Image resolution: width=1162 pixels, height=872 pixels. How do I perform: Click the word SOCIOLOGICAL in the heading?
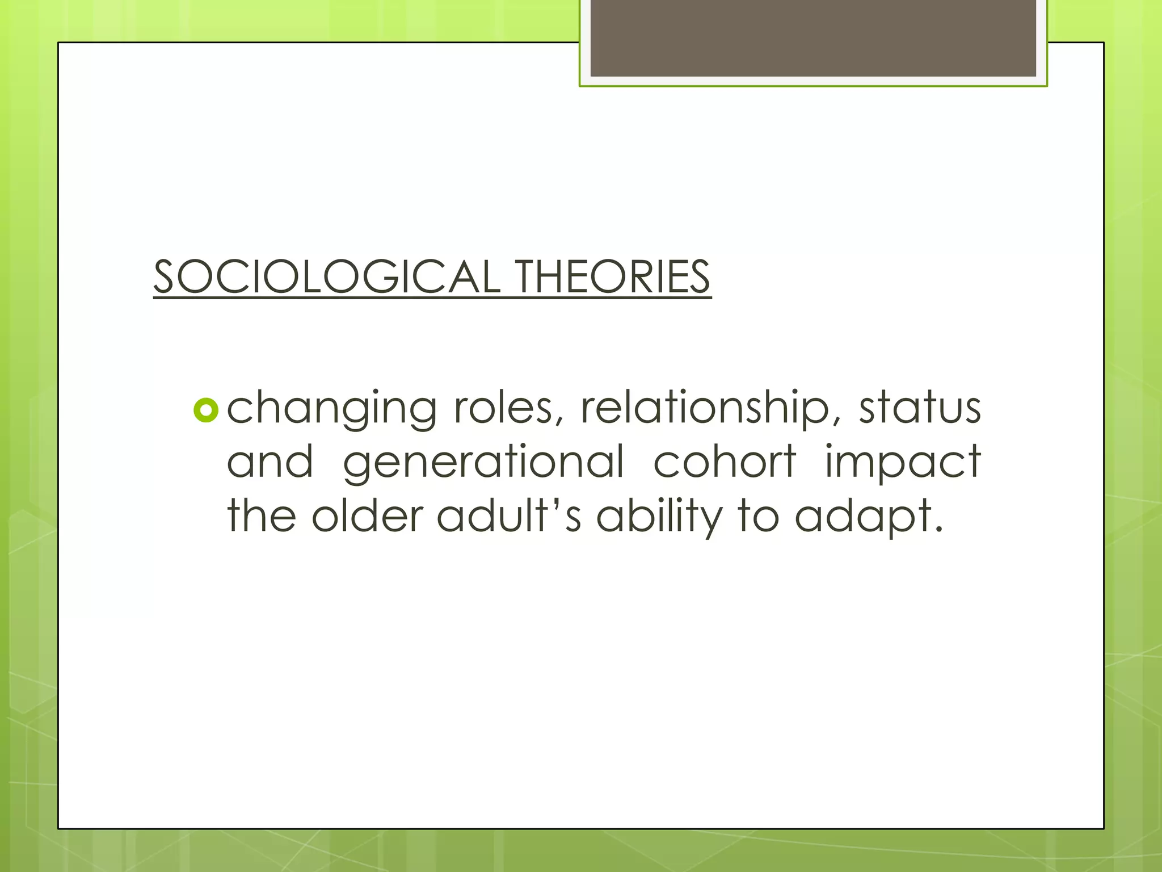tap(326, 276)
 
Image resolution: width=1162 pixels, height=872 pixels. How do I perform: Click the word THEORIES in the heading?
tap(613, 276)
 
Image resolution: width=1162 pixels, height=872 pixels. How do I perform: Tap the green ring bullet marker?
tap(205, 410)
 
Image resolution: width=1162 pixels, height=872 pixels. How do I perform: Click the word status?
tap(919, 408)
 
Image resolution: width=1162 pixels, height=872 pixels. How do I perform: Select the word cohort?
tap(725, 461)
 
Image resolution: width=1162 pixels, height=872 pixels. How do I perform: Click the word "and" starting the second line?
tap(270, 461)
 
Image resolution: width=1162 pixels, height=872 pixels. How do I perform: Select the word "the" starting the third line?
tap(261, 515)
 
